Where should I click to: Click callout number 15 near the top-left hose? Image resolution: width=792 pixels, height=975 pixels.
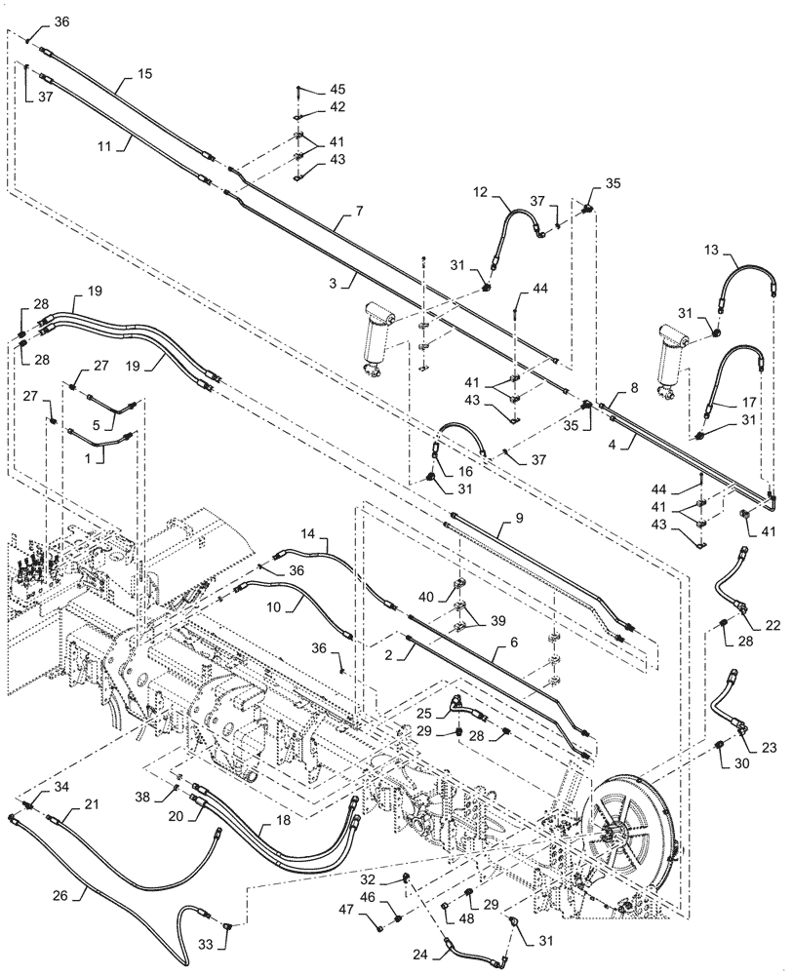(144, 74)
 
